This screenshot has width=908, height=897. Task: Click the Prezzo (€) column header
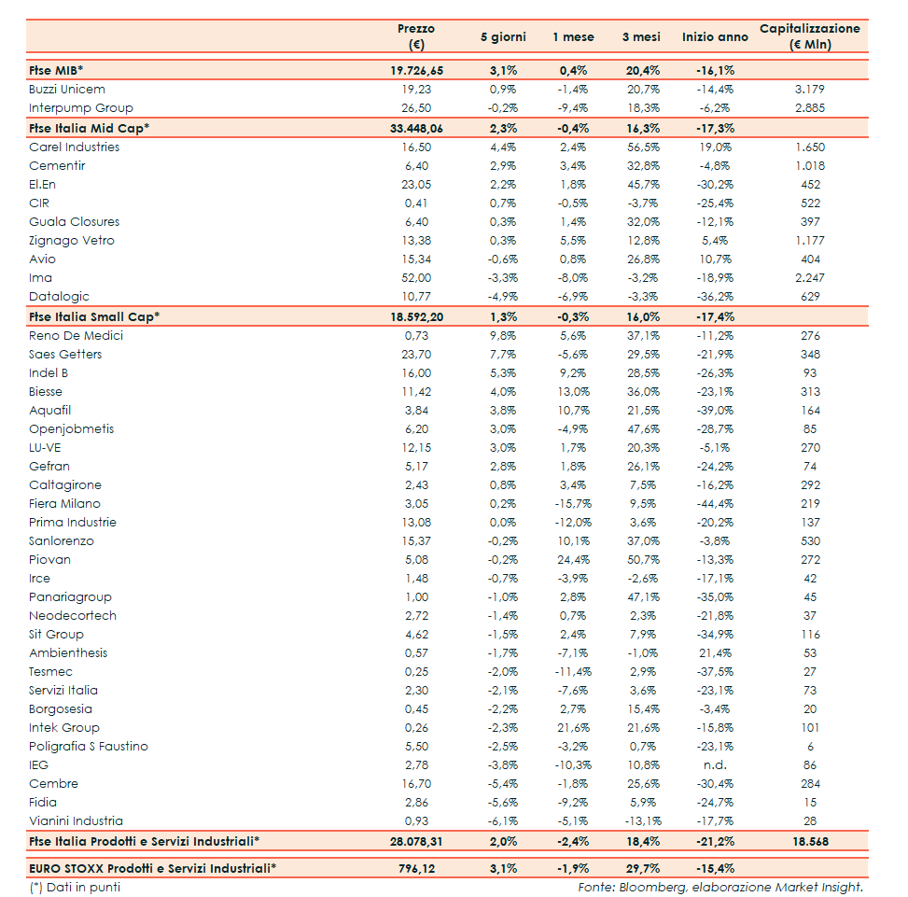point(416,36)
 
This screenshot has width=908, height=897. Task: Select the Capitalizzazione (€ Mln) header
point(809,36)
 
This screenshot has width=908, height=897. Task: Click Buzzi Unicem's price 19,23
point(416,90)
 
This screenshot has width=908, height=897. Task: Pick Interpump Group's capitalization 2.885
point(810,108)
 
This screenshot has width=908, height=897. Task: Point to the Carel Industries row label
point(75,147)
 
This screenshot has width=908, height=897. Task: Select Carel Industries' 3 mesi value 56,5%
point(641,147)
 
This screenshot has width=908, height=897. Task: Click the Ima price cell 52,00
point(416,277)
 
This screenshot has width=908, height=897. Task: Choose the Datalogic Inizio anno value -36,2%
point(715,296)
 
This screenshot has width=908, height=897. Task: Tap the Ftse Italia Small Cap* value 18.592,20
point(416,316)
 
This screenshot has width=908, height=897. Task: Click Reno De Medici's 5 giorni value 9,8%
point(503,335)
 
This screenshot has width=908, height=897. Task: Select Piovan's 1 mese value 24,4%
point(573,559)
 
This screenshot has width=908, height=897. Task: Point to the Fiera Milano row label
point(65,503)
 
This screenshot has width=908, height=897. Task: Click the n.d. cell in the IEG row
point(715,764)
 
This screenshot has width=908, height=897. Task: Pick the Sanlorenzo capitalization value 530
point(810,540)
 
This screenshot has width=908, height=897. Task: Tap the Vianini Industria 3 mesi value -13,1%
point(641,820)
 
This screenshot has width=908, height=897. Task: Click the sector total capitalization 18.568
point(810,841)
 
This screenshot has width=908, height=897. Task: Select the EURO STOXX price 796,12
point(416,868)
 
